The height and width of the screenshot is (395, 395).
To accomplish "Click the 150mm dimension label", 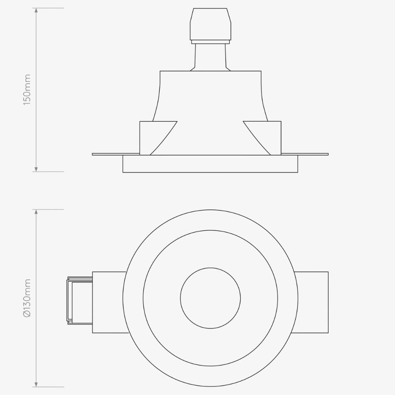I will coord(27,89).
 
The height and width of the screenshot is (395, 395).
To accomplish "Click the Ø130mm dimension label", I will coord(27,298).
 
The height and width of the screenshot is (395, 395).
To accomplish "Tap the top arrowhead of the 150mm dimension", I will coord(36,11).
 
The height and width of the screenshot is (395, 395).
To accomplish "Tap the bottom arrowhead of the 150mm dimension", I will coord(36,169).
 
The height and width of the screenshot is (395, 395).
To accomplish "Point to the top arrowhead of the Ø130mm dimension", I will coord(36,212).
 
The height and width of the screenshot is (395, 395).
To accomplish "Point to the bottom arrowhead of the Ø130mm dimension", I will coord(36,384).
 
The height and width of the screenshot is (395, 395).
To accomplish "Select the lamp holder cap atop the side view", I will coord(211,24).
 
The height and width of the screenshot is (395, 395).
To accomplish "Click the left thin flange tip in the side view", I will coord(95,154).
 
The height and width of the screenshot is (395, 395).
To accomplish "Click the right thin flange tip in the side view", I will coord(325,154).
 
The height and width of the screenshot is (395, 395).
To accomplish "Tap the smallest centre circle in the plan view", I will coord(211,298).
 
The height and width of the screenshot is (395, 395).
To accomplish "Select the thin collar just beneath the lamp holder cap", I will coord(211,41).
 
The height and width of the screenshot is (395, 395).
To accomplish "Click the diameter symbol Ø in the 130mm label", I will coord(27,314).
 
